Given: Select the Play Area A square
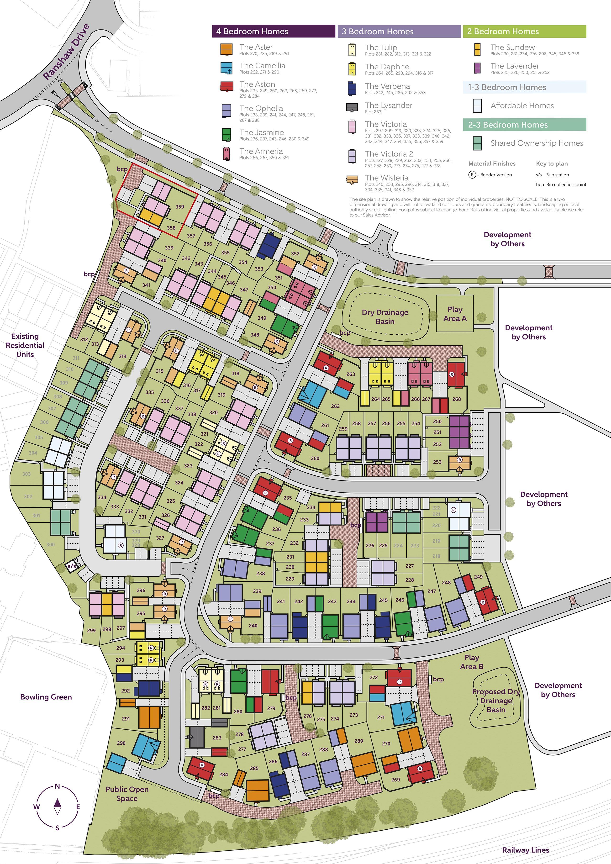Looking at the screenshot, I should coord(454,313).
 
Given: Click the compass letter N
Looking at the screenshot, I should coord(57,786).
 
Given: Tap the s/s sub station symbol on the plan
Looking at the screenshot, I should coord(72,566).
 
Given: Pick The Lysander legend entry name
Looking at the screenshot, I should coord(388,105).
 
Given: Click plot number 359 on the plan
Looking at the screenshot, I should coord(180,207).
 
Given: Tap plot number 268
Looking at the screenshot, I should coord(456,399).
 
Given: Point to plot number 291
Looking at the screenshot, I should coord(126,719).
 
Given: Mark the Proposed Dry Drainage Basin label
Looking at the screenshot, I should coord(496,700).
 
